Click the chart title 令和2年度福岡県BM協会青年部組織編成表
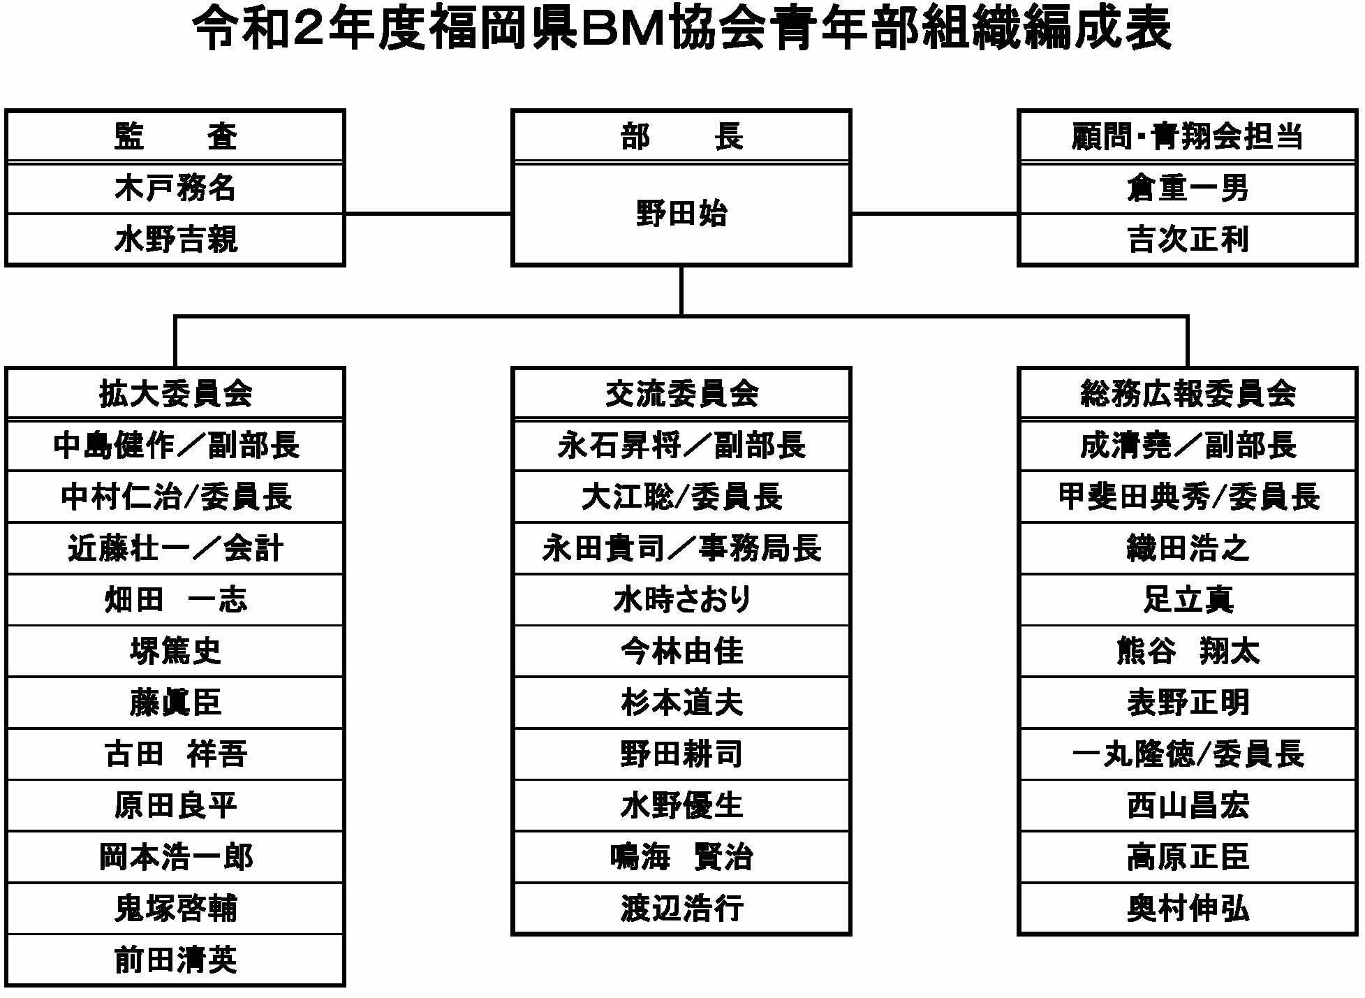coord(682,29)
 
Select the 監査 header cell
coord(175,136)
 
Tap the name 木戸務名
coord(175,189)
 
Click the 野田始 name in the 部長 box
coord(681,214)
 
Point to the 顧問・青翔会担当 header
coord(1188,136)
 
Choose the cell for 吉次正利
coord(1188,240)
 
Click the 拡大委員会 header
coord(175,394)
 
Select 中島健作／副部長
coord(175,446)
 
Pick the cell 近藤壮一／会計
coord(175,548)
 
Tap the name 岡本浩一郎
coord(175,857)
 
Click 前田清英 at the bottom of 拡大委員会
coord(175,960)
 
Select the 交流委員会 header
coord(681,394)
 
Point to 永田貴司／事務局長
coord(681,548)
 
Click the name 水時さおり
coord(681,600)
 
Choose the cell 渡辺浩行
coord(681,909)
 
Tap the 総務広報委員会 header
coord(1188,394)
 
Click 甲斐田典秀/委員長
coord(1188,497)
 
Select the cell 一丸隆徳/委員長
coord(1188,754)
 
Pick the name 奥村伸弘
coord(1188,909)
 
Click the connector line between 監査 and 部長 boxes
coord(428,214)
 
